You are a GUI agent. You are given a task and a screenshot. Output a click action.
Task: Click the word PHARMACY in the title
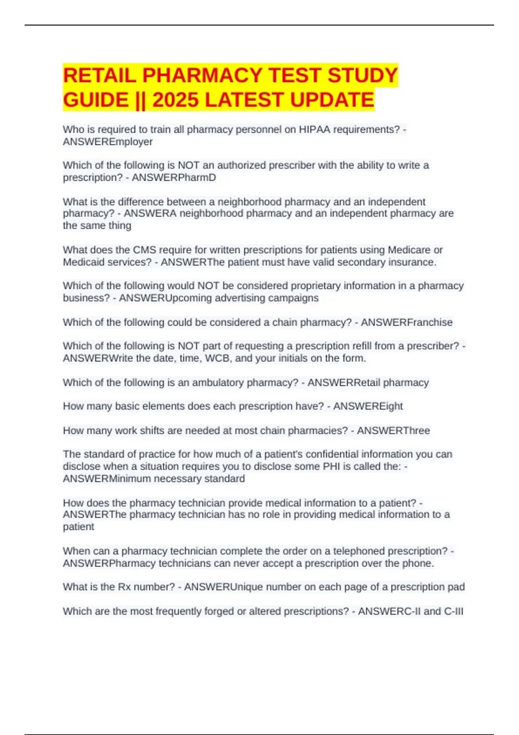coord(203,76)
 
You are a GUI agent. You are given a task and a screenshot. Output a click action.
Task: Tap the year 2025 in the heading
coord(176,100)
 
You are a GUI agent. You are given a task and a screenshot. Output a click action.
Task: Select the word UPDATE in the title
coord(332,100)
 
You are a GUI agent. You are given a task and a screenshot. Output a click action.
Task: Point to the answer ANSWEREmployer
coord(108,142)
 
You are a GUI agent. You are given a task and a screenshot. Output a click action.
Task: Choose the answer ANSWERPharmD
coord(174,178)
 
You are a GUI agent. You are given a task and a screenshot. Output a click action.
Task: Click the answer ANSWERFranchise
coord(407,323)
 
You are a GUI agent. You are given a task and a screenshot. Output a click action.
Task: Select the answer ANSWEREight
coord(368,406)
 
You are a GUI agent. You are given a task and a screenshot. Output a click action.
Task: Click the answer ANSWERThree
coord(393,431)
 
